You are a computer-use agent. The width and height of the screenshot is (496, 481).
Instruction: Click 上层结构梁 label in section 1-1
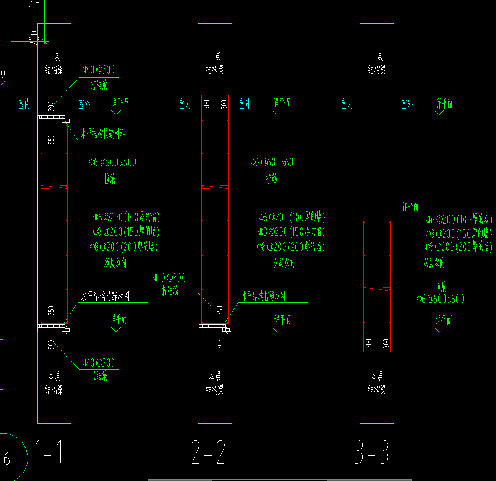click(x=54, y=63)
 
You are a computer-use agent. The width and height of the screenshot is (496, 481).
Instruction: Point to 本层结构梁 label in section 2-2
click(x=215, y=383)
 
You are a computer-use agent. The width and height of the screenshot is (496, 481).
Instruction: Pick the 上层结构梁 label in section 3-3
click(x=377, y=63)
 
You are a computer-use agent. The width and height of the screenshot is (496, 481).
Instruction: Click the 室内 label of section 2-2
click(x=185, y=104)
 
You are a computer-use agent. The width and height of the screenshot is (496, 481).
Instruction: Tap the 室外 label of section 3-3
click(x=407, y=104)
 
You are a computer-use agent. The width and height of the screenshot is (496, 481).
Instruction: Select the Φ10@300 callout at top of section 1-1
click(x=99, y=69)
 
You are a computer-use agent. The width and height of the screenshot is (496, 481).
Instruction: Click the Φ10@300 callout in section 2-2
click(x=169, y=278)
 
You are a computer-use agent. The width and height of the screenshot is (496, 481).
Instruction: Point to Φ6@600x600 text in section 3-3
click(x=441, y=299)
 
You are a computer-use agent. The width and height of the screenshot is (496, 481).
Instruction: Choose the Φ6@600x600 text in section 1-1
click(x=113, y=162)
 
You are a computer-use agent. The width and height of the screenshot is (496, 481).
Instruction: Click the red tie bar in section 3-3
click(x=377, y=289)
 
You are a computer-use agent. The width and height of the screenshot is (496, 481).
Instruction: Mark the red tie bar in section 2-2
click(x=215, y=187)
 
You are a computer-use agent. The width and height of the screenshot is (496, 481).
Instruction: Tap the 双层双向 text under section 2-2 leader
click(x=284, y=263)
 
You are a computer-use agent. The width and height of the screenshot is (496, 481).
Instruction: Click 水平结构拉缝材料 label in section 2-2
click(x=263, y=296)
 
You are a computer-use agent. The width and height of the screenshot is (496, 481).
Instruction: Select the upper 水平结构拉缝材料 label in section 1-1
click(x=103, y=134)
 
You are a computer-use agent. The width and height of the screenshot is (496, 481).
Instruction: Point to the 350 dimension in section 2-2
click(x=220, y=310)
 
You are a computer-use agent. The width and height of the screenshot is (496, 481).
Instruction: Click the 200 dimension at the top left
click(x=34, y=38)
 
